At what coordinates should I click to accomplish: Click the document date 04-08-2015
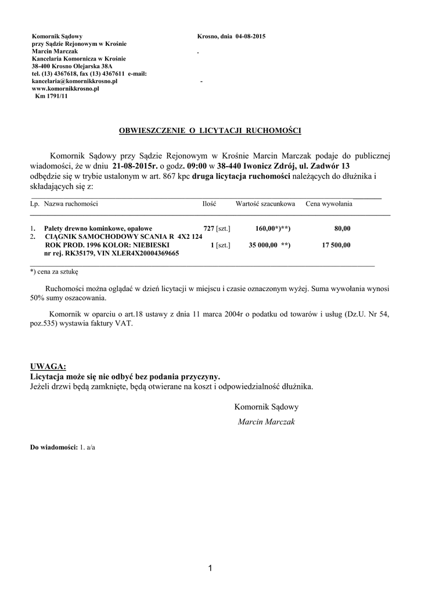pos(250,36)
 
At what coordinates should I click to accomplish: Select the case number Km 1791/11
pos(51,96)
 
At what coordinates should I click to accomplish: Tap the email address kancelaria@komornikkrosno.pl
pos(75,81)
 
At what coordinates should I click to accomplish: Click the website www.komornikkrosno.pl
pos(66,89)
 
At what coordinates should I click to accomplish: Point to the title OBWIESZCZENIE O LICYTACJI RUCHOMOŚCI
pos(210,131)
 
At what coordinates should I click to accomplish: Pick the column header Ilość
pos(209,204)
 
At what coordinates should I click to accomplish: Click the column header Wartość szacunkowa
pos(265,204)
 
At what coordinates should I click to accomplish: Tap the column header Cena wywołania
pos(329,204)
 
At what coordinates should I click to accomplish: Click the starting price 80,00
pos(342,228)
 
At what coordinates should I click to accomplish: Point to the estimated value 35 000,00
pos(262,245)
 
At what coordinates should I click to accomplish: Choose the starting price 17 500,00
pos(336,245)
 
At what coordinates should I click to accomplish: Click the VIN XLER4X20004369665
pos(141,253)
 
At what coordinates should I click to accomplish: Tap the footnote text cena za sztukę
pos(57,271)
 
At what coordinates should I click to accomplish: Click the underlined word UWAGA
pos(48,366)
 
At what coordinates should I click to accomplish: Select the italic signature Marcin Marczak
pos(266,422)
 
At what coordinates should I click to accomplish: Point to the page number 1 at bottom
pos(210,568)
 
